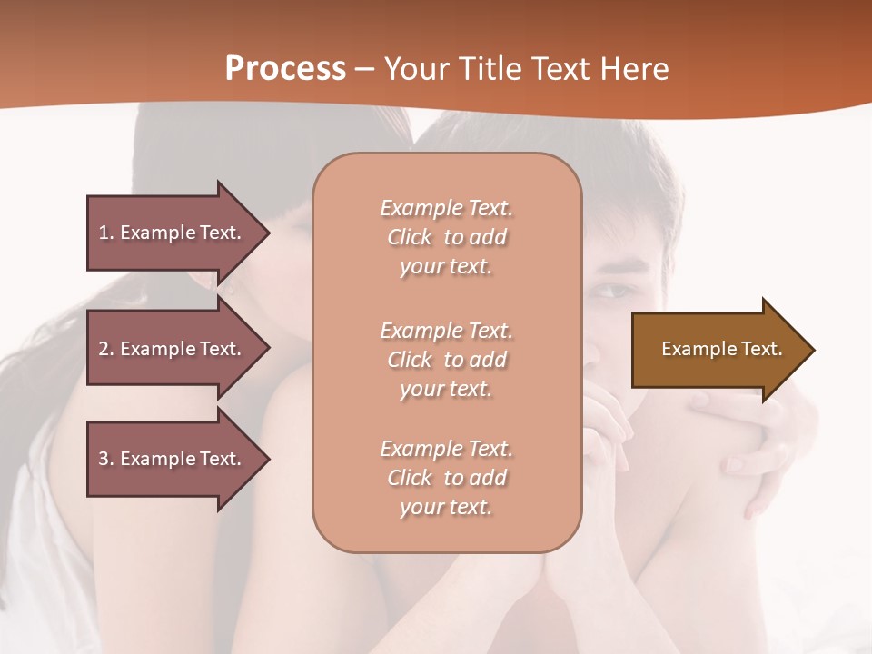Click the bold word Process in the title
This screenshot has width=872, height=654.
tap(285, 69)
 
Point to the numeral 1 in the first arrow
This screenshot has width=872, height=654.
tap(104, 233)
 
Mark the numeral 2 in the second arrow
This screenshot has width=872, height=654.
tap(104, 349)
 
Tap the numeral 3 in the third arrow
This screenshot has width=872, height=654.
tap(104, 459)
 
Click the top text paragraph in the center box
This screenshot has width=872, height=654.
tap(446, 237)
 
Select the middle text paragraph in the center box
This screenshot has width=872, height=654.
tap(446, 360)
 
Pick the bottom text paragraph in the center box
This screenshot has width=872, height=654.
tap(446, 478)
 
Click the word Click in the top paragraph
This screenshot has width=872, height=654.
tap(410, 238)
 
